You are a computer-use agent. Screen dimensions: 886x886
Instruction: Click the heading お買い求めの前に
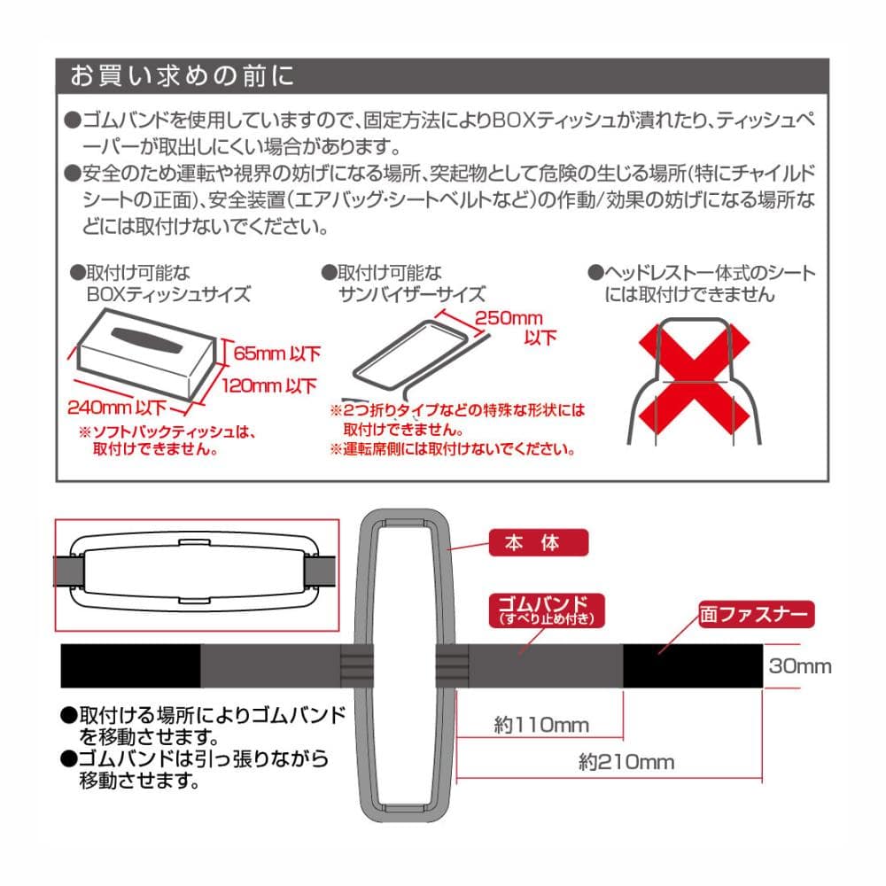[182, 75]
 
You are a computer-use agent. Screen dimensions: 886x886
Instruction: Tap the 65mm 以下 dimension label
[276, 354]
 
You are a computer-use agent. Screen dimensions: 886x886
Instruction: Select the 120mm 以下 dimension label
[269, 386]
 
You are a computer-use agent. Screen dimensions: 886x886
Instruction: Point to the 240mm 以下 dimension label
[117, 408]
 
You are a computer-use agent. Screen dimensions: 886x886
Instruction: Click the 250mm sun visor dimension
[508, 317]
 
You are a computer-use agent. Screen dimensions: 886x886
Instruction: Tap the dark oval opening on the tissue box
[147, 341]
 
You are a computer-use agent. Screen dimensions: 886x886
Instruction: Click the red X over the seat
[694, 380]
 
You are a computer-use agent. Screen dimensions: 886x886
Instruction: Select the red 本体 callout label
[538, 542]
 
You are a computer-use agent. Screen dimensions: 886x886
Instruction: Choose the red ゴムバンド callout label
[547, 610]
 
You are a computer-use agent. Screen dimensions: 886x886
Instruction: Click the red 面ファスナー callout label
[756, 614]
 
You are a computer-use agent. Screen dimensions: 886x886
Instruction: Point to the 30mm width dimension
[800, 666]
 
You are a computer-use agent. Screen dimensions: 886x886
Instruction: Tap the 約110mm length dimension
[541, 725]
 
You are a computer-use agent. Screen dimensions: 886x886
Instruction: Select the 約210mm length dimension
[626, 762]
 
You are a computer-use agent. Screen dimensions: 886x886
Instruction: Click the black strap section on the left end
[130, 665]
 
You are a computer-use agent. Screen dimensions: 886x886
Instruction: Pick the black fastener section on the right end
[693, 665]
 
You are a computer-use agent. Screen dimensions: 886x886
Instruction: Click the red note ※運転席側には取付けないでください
[453, 450]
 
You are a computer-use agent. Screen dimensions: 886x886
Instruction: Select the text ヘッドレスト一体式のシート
[710, 274]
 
